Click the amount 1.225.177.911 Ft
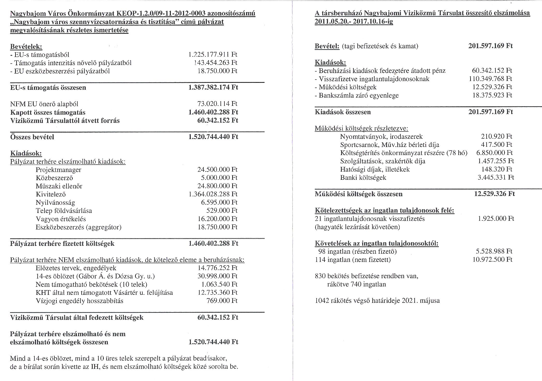pos(213,55)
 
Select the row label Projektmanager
pos(58,170)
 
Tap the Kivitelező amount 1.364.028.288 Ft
pos(213,194)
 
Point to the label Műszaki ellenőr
pos(59,186)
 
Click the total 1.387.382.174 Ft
pos(213,87)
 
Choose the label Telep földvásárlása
pos(64,211)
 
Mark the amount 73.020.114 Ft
pos(217,104)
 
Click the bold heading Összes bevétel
pos(32,137)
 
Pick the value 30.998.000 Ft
pos(217,276)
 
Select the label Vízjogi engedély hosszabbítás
pos(79,301)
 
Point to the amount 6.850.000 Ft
pos(494,153)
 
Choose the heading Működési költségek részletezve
pos(361,128)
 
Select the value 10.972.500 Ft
pos(492,260)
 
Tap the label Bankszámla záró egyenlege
pos(358,95)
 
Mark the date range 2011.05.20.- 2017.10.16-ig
pos(354,21)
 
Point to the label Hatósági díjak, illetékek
pos(375,170)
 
